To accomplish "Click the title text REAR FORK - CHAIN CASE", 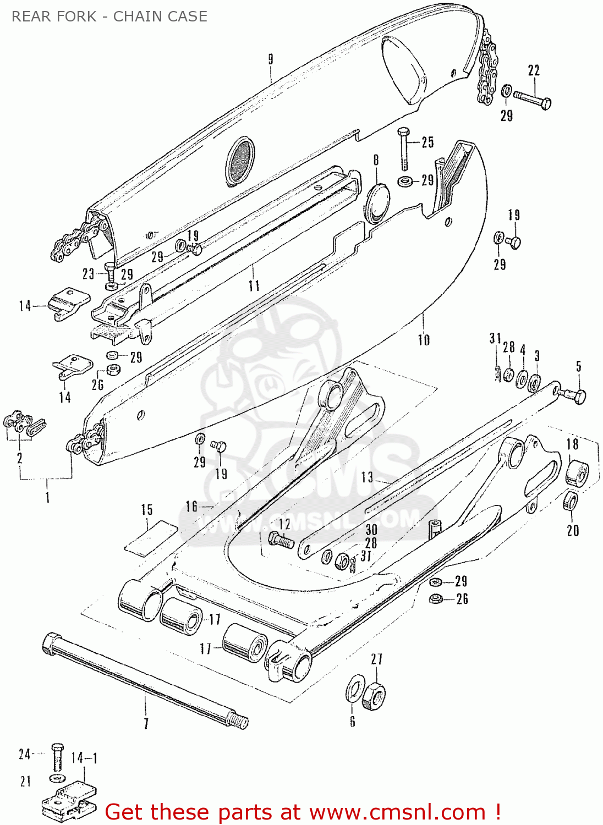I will (109, 16).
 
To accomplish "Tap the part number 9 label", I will (271, 59).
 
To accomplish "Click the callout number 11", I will (254, 285).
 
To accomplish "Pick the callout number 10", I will (424, 340).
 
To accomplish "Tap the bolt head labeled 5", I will (577, 395).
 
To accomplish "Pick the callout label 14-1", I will (84, 758).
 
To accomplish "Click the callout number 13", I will (367, 477).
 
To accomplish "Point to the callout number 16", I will (191, 506).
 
